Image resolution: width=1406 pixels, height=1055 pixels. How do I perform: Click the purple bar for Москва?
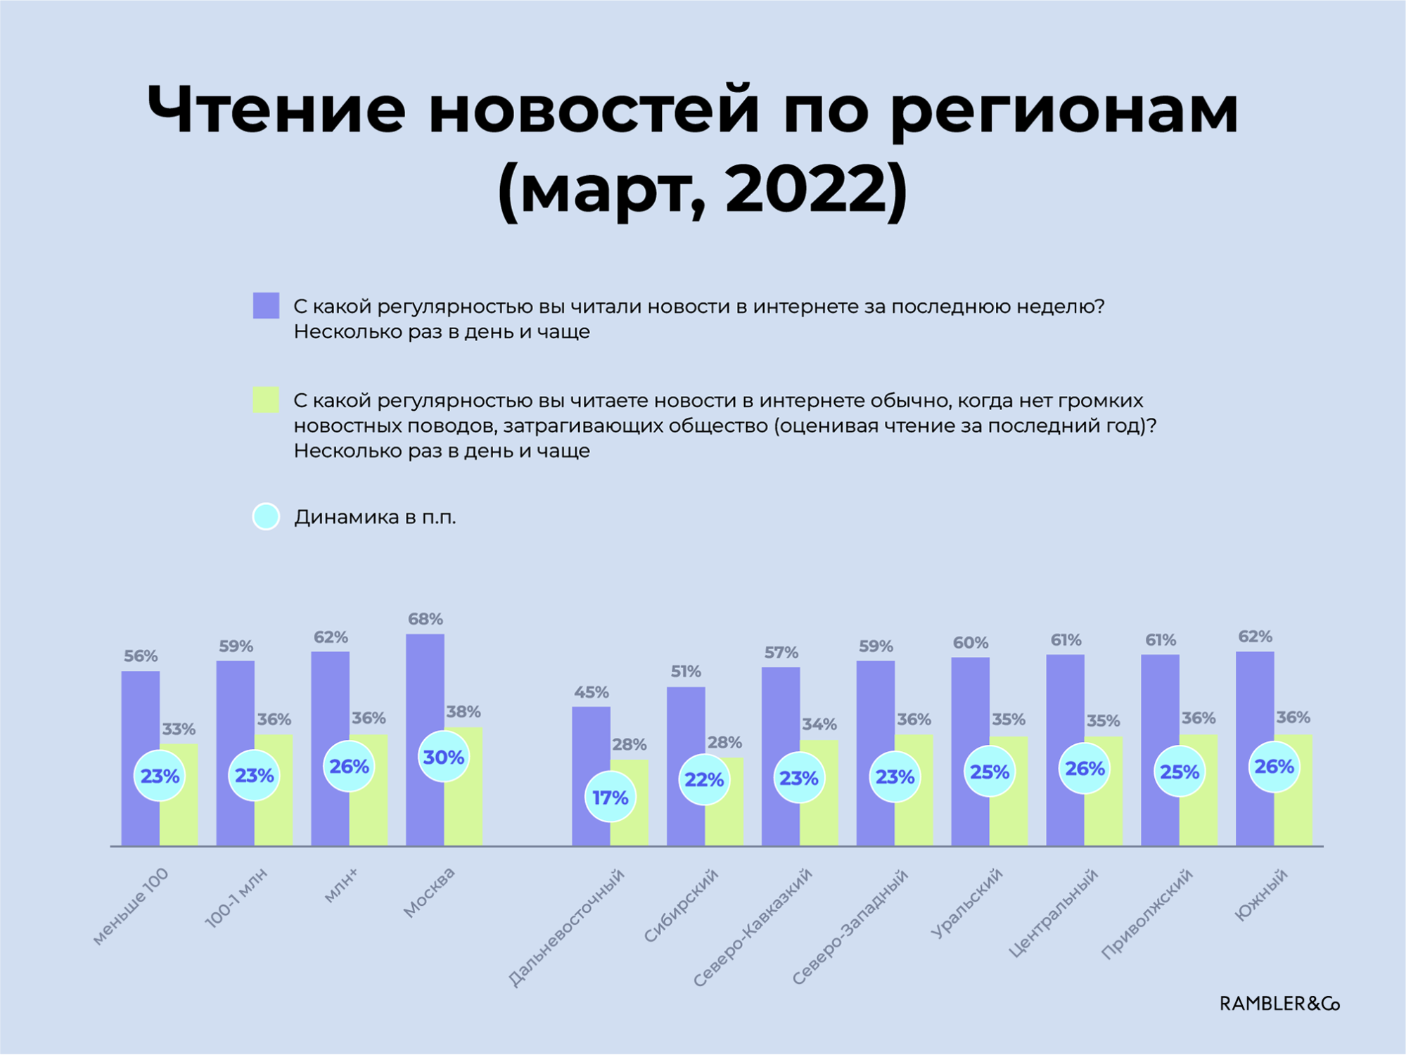click(x=425, y=739)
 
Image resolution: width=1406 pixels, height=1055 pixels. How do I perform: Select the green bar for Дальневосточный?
click(x=629, y=803)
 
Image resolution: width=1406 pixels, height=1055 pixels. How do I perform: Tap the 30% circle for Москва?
click(x=444, y=757)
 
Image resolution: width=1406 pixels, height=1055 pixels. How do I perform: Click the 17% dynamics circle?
click(x=610, y=797)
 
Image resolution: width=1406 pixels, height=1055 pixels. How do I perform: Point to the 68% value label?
click(x=426, y=619)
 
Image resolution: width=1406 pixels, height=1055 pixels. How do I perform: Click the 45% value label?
click(x=592, y=692)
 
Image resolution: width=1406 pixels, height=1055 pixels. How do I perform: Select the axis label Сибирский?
click(x=681, y=905)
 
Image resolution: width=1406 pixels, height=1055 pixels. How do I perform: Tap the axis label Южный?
click(x=1261, y=894)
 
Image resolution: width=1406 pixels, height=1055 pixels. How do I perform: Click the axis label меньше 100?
click(x=131, y=906)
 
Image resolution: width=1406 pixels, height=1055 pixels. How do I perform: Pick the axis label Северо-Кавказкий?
click(x=753, y=927)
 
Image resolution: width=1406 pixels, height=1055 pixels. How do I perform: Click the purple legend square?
click(x=266, y=306)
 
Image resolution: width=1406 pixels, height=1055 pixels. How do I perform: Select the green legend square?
click(x=266, y=399)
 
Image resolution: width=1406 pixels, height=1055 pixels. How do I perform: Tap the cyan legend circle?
click(x=266, y=517)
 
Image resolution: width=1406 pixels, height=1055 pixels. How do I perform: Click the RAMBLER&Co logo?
click(x=1279, y=1004)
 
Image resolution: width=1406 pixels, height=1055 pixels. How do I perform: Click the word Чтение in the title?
click(x=276, y=110)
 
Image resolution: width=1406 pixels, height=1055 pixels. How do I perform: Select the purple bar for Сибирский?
click(x=686, y=766)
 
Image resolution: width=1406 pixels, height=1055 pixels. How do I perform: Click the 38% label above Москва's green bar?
click(x=464, y=711)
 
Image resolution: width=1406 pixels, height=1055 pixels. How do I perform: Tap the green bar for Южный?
click(x=1293, y=790)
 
